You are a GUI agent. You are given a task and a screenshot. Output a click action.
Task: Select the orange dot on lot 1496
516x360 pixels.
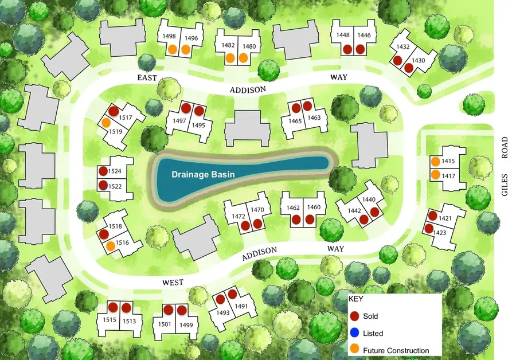(186, 49)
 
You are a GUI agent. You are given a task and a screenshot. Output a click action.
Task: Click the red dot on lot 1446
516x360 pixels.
(360, 49)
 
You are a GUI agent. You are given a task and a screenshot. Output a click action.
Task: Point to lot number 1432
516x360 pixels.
(403, 46)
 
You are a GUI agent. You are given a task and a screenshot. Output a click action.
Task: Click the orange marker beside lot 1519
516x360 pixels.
(106, 123)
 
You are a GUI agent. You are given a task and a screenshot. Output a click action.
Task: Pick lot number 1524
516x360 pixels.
(116, 171)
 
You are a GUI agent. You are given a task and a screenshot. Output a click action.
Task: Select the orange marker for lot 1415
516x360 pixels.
(435, 162)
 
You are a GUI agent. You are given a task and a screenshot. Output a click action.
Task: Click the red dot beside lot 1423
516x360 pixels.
(429, 229)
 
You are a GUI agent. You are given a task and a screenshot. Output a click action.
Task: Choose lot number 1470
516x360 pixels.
(257, 210)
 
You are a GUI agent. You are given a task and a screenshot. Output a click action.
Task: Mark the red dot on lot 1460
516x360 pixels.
(310, 219)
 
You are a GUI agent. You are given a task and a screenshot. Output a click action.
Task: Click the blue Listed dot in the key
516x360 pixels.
(354, 332)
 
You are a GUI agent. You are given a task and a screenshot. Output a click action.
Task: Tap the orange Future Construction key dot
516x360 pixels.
(354, 349)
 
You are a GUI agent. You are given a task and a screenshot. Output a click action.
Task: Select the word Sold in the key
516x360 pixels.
(370, 316)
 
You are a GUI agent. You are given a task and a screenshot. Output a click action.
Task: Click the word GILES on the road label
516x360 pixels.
(505, 184)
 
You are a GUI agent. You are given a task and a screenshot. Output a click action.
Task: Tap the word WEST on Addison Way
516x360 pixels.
(173, 282)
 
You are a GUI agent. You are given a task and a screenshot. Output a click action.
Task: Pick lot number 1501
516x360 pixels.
(165, 324)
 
